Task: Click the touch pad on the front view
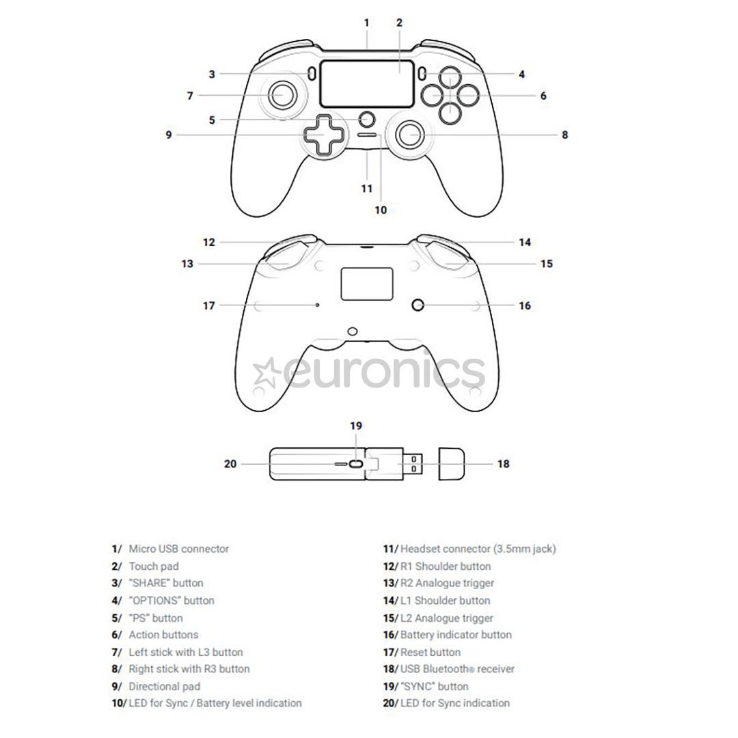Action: [367, 84]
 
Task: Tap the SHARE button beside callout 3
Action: [312, 73]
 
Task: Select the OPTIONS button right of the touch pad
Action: [422, 73]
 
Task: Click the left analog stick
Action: [282, 95]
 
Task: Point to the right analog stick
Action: [411, 135]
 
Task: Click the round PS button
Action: [367, 119]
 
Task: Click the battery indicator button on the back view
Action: [418, 305]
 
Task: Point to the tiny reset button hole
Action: [317, 305]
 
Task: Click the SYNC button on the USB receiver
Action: [356, 464]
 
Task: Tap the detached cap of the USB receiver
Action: [452, 464]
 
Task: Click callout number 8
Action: [565, 135]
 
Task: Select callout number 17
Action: [208, 306]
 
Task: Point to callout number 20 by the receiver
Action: [230, 464]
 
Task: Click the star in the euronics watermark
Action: [265, 373]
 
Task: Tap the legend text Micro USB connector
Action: [179, 549]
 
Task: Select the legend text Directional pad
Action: [165, 687]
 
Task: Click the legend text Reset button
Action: [430, 653]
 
